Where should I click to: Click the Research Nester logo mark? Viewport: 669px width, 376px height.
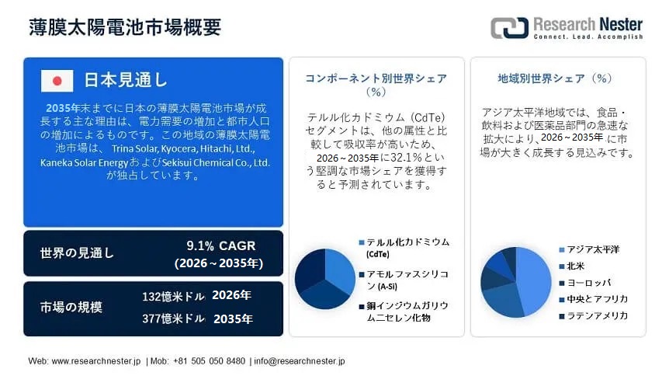click(x=508, y=27)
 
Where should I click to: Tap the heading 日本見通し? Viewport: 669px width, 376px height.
click(x=125, y=80)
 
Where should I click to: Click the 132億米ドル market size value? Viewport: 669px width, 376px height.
click(x=173, y=296)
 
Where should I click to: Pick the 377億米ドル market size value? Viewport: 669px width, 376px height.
click(x=173, y=319)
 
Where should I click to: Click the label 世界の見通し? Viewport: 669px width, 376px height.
click(x=77, y=253)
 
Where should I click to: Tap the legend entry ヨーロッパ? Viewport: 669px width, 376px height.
click(x=589, y=282)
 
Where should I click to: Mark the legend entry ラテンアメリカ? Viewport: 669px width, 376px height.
click(x=597, y=315)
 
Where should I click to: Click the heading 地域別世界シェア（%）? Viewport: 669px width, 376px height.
click(x=556, y=78)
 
